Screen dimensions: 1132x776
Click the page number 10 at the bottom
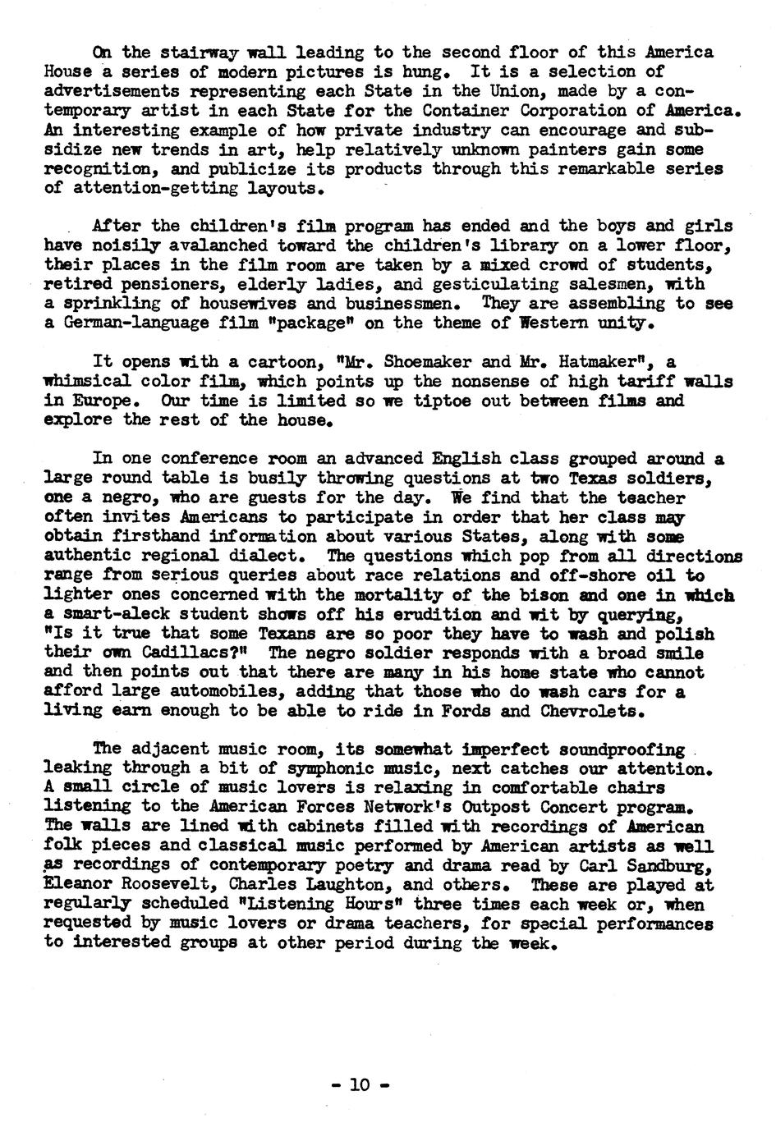click(358, 1084)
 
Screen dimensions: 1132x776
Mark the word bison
click(489, 594)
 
